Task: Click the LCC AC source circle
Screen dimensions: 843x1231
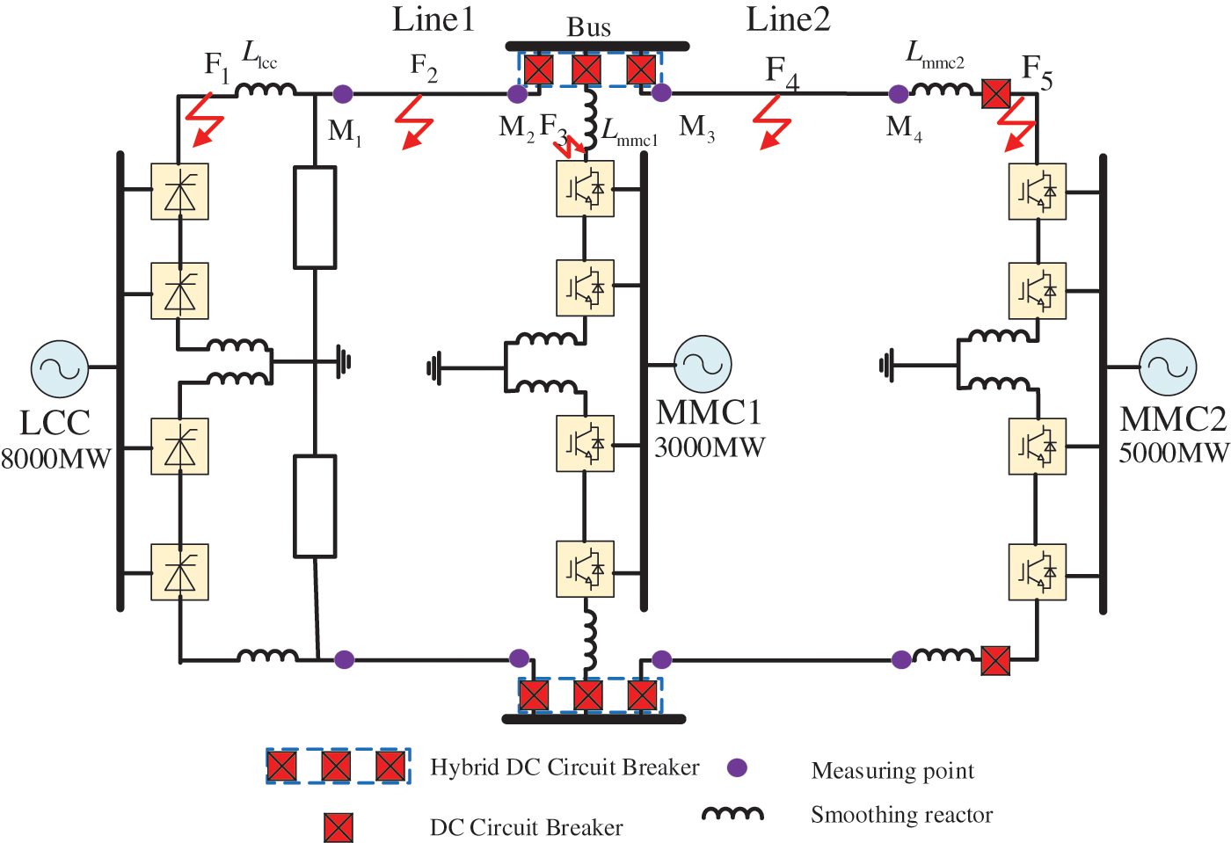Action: [60, 369]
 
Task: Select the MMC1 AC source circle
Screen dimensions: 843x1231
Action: [703, 363]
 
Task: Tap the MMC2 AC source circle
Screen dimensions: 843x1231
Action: [1168, 367]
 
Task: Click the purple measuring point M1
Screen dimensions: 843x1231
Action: [343, 94]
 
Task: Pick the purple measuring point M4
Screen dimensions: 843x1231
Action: [899, 94]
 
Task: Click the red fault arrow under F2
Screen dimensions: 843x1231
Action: [415, 122]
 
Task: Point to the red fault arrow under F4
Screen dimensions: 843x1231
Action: [773, 122]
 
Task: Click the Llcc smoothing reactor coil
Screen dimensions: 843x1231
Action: [266, 89]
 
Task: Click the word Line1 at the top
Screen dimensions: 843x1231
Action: [433, 19]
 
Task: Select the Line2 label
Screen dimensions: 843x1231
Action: [788, 19]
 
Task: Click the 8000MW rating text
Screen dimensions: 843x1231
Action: [56, 459]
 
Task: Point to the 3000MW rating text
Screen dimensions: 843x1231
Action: [710, 447]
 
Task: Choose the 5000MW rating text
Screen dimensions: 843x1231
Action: [1174, 453]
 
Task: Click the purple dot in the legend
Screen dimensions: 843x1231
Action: [737, 768]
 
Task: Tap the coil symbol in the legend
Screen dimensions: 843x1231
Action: [732, 815]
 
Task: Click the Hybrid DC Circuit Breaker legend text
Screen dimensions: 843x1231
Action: [565, 767]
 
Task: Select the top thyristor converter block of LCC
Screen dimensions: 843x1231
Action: [180, 191]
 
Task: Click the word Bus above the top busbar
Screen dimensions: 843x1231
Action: [588, 27]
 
